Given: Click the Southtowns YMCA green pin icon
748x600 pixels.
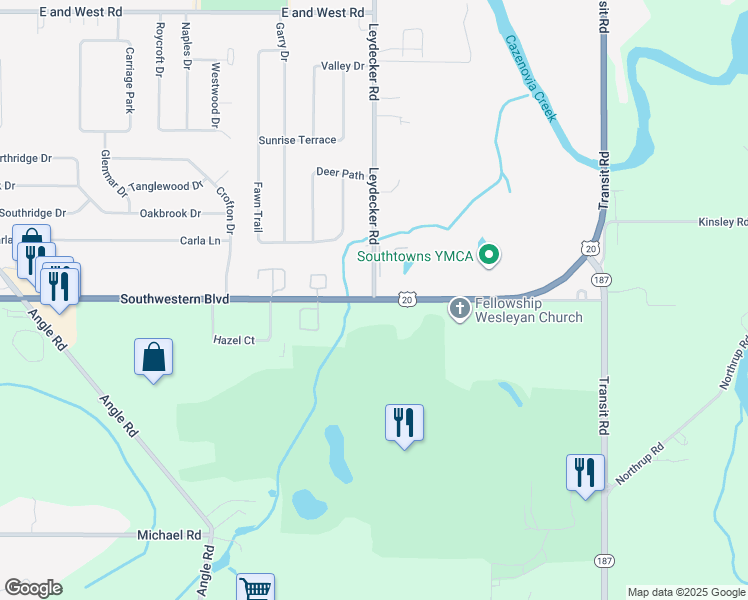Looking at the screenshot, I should (x=489, y=257).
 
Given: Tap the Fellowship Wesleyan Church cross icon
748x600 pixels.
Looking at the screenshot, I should (x=459, y=308).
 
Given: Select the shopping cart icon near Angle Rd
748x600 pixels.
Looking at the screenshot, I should (x=255, y=590).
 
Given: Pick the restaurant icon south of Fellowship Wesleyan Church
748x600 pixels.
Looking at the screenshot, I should (x=404, y=422).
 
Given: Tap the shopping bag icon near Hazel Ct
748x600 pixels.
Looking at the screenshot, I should (x=153, y=357).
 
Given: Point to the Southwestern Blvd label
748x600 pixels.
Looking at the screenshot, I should (x=175, y=299).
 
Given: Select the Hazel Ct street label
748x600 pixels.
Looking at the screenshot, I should (x=234, y=340).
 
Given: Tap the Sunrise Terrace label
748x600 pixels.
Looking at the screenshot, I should (x=297, y=140).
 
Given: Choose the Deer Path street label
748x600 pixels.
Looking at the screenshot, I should (x=340, y=173).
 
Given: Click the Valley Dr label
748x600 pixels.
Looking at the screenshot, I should (x=343, y=66).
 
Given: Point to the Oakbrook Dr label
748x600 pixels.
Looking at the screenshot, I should (x=170, y=213).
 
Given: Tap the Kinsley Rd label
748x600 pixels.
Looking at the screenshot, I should (x=722, y=221).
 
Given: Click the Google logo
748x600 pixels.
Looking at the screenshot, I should (x=33, y=588).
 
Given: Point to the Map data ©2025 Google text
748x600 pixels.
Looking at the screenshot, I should (x=685, y=592).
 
